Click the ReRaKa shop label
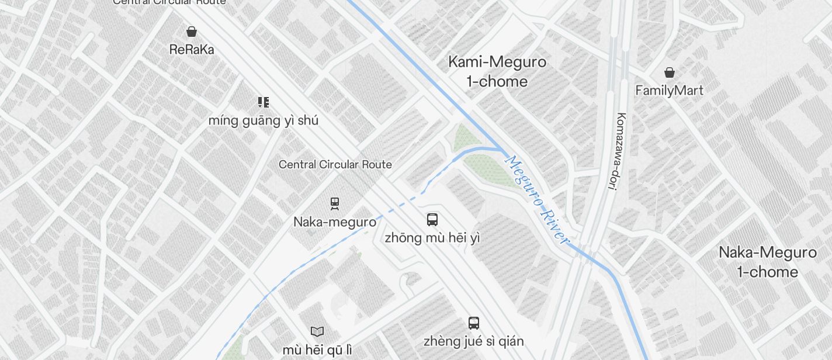tap(192, 50)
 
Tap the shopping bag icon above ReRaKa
tap(192, 32)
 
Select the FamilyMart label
tap(669, 91)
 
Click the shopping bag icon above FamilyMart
tap(670, 72)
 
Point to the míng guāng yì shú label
tap(264, 121)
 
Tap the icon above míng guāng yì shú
tap(264, 103)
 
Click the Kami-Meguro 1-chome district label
tap(497, 71)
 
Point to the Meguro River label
tap(536, 199)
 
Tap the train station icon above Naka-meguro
tap(335, 203)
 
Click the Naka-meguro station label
tap(335, 222)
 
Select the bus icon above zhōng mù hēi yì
tap(432, 220)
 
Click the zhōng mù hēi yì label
tap(432, 238)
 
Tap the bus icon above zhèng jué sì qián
tap(474, 323)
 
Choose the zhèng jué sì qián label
tap(474, 341)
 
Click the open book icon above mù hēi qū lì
tap(317, 332)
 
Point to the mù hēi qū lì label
tap(317, 349)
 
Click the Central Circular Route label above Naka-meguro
tap(335, 165)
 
